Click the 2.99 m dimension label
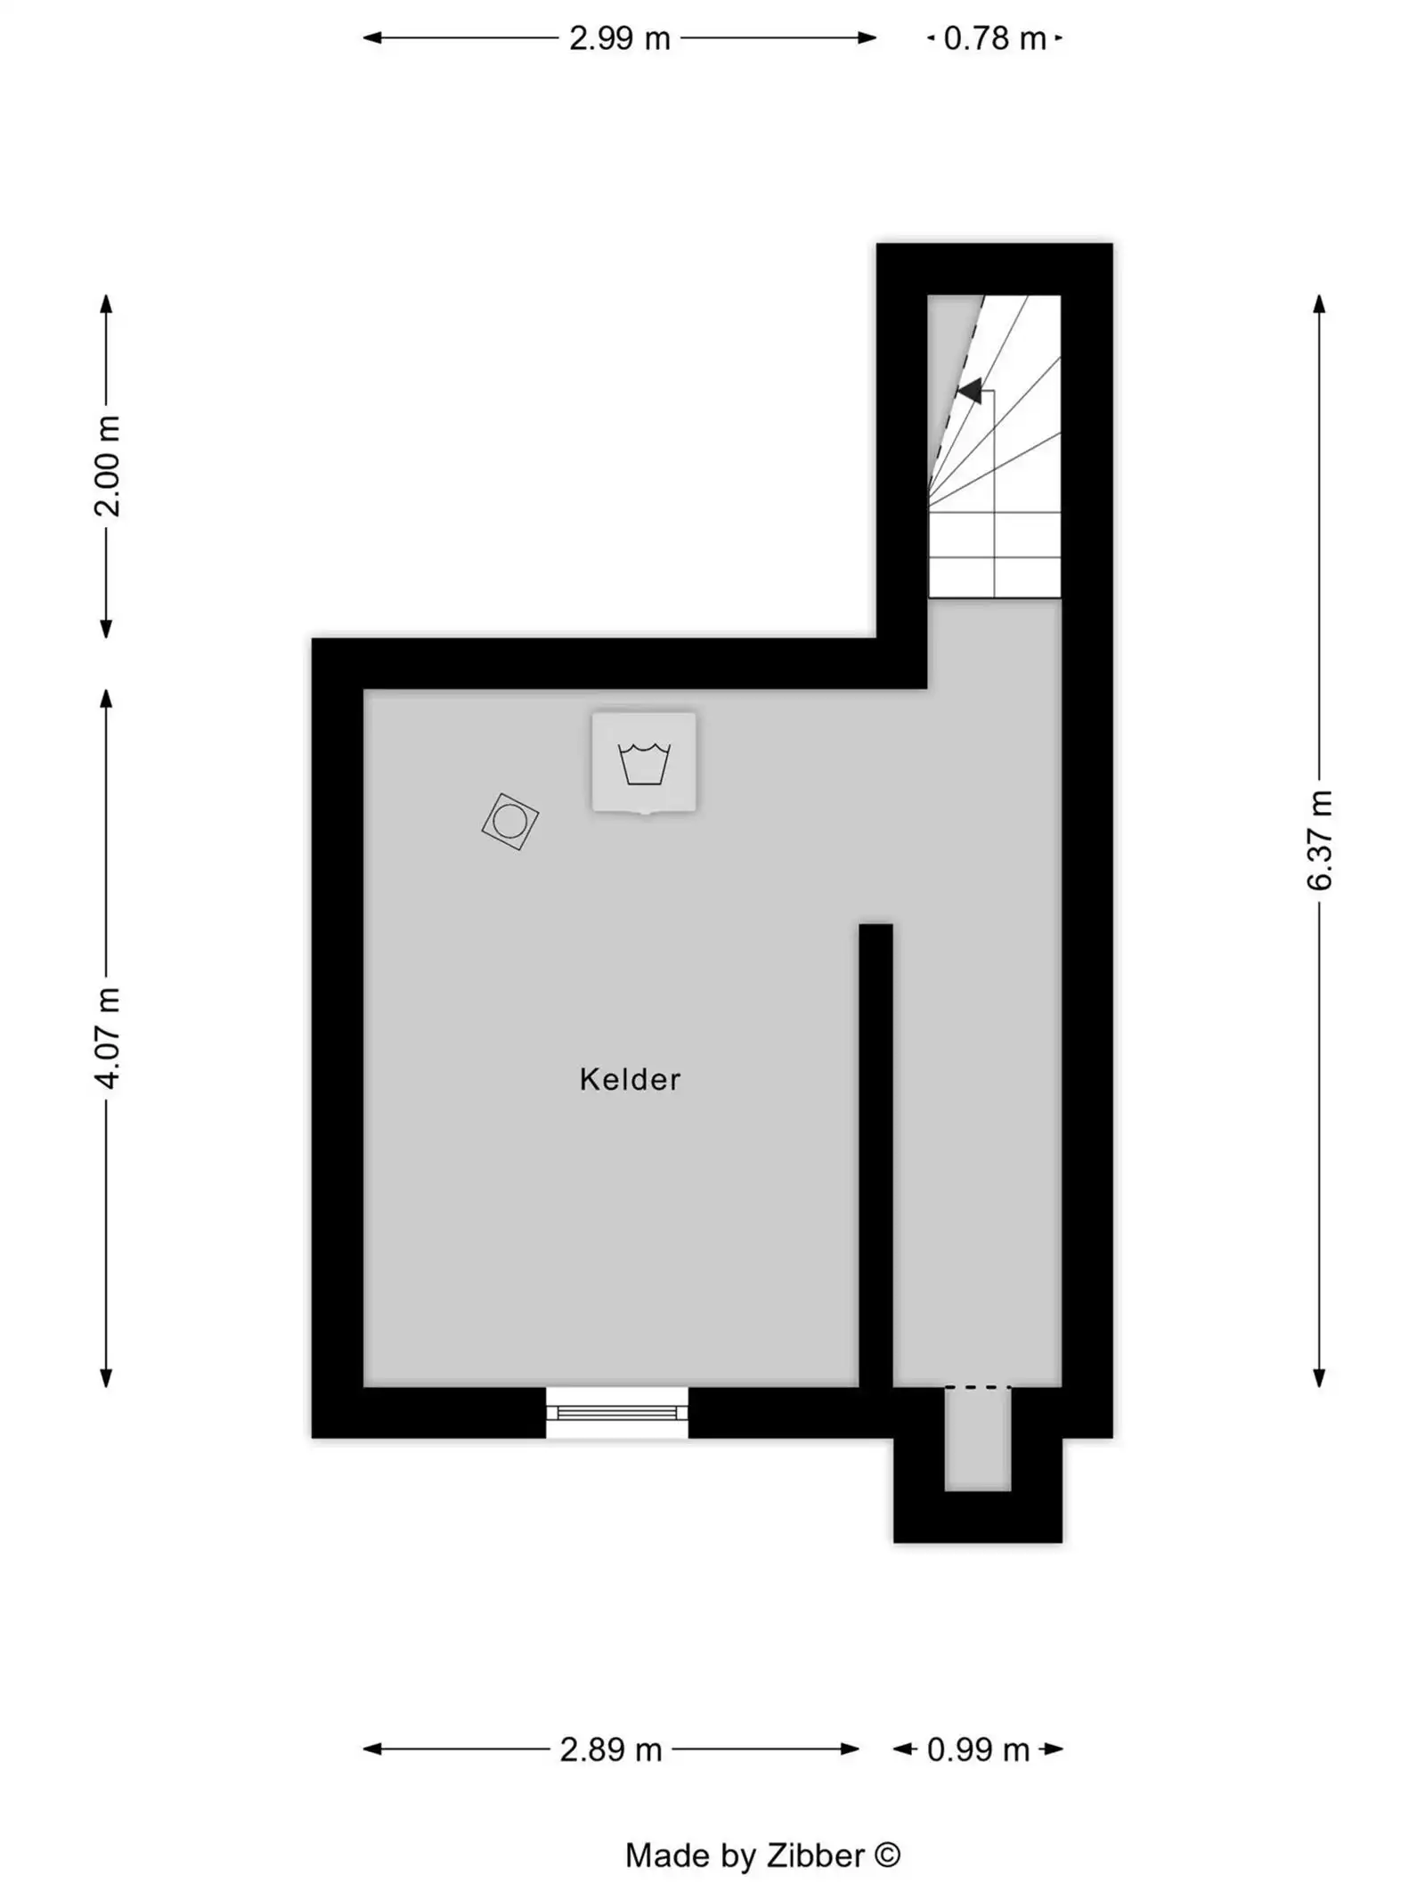point(619,38)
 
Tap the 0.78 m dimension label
point(994,38)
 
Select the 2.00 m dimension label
point(107,466)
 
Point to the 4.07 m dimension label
point(107,1037)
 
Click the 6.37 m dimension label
point(1319,840)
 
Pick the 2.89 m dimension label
point(611,1749)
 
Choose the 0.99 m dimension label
point(978,1749)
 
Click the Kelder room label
point(630,1079)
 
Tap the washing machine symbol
point(644,762)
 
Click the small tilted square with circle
point(510,821)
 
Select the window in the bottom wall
point(616,1412)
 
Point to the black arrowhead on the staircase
point(970,390)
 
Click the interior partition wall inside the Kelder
point(875,1157)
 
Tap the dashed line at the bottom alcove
point(977,1387)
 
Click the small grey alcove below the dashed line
point(977,1438)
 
